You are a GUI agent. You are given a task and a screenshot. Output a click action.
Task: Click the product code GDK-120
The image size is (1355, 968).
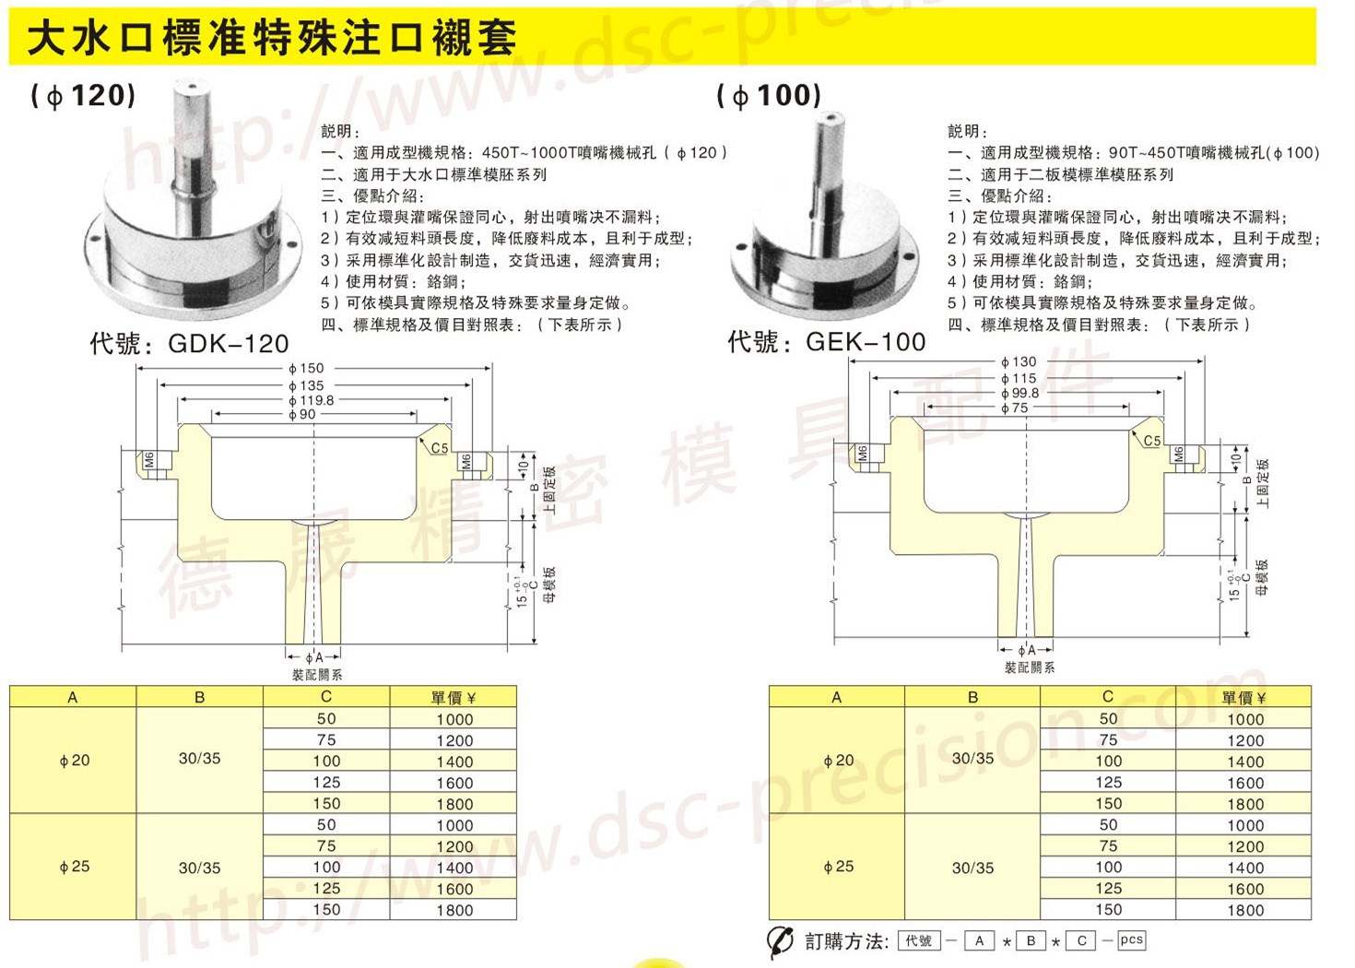coord(228,344)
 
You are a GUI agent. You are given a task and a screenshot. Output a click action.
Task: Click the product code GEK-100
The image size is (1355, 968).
coord(865,342)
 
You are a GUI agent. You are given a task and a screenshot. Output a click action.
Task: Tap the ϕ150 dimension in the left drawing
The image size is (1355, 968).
coord(306,369)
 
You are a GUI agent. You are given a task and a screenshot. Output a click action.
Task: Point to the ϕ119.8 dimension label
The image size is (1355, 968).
coord(311,400)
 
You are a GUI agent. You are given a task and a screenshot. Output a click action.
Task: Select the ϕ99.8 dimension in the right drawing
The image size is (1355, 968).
coord(1019,393)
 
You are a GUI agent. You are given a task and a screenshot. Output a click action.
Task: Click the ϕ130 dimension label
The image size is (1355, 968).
coord(1019,362)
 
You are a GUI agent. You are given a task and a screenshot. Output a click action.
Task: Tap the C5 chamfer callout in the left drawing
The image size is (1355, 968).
coord(440,449)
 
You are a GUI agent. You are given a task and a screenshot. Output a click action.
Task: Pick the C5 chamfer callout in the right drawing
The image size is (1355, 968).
coord(1152,441)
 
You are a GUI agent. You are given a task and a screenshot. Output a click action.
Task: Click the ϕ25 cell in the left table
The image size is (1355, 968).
coord(74,867)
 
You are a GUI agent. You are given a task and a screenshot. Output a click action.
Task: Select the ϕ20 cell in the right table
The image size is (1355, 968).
coord(838,761)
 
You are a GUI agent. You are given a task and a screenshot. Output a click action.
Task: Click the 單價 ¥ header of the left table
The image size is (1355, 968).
coord(454,698)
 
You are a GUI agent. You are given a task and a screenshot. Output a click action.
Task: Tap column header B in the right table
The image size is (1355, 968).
coord(972,698)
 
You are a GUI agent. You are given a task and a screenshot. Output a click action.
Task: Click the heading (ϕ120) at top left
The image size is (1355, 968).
coord(83,95)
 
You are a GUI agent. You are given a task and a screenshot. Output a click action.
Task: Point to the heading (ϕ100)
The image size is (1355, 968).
coord(769,95)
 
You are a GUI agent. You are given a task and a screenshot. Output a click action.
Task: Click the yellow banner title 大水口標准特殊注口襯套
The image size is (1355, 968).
coord(271,39)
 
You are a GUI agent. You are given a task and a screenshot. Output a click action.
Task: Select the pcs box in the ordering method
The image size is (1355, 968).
coord(1131,940)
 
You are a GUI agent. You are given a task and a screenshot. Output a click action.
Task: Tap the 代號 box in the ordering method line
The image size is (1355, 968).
coord(919,941)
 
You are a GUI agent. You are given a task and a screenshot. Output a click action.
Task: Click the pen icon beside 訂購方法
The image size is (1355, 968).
coord(780,941)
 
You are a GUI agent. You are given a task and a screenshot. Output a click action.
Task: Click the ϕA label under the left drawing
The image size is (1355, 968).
coord(314,657)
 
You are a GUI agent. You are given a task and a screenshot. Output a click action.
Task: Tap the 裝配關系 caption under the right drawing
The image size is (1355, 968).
coord(1030,667)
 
